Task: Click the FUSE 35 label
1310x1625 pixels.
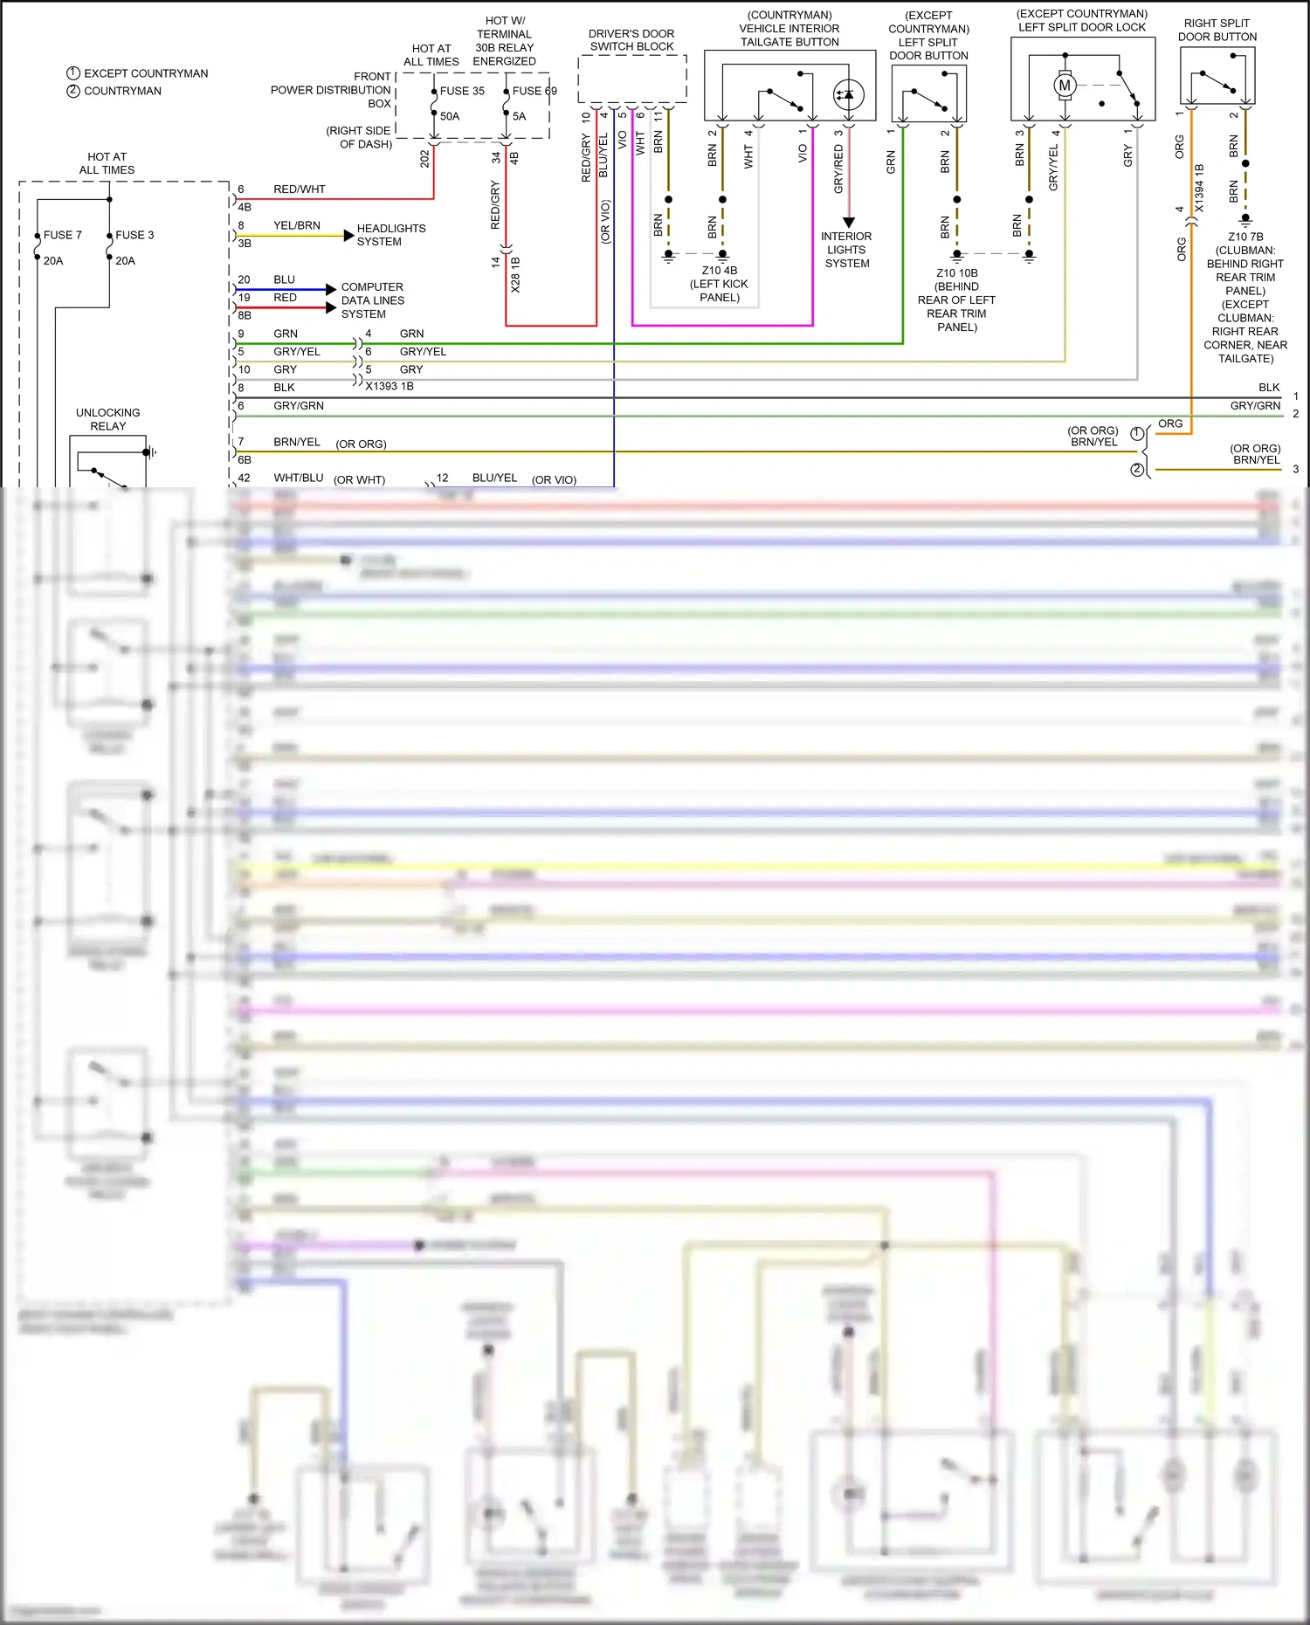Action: (461, 91)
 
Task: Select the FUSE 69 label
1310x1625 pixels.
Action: (534, 91)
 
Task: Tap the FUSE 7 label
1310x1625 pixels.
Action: (62, 235)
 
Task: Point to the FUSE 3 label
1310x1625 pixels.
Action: (134, 235)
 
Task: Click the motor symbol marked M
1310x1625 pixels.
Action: (1064, 86)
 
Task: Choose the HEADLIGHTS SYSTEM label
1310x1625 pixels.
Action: (390, 235)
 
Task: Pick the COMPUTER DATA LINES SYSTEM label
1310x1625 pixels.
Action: (372, 300)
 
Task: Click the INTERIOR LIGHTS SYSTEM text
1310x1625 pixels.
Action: (846, 250)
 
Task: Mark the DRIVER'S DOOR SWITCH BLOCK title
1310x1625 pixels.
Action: (631, 40)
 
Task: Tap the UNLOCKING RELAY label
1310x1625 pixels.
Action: (107, 419)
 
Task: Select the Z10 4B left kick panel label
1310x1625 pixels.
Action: (720, 284)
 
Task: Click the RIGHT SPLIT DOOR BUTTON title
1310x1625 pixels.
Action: (1217, 30)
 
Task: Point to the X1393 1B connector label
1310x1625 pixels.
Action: (390, 386)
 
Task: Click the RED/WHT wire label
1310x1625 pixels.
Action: (299, 189)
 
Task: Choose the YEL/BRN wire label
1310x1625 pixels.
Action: (296, 225)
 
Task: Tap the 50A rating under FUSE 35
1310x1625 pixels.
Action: (449, 116)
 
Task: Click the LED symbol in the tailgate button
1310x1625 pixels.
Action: (848, 94)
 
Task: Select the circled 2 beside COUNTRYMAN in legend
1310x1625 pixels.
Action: (73, 91)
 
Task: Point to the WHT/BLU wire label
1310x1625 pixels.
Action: (298, 478)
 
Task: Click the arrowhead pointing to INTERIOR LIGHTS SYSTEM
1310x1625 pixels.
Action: (848, 223)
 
